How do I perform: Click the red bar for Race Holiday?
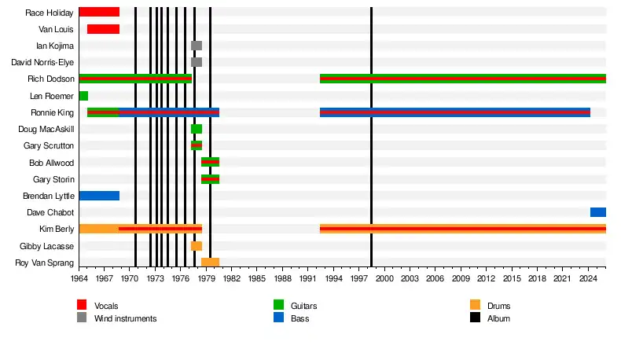tap(99, 12)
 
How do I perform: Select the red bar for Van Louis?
tap(103, 29)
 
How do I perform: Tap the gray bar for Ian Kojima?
tap(197, 46)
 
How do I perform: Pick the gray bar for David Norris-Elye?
tap(197, 62)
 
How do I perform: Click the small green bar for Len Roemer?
tap(83, 96)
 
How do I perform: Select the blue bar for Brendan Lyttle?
tap(99, 196)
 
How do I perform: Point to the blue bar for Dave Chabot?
tap(598, 212)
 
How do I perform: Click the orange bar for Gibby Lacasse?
tap(197, 246)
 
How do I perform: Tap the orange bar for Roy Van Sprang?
tap(210, 263)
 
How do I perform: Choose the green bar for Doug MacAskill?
tap(197, 129)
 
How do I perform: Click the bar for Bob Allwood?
tap(210, 162)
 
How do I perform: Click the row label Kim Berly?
tap(57, 229)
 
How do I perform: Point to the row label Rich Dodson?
tap(50, 79)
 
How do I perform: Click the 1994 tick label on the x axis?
tap(333, 278)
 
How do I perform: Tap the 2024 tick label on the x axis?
tap(587, 278)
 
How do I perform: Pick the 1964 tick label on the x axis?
tap(79, 278)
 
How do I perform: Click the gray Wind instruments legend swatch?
tap(82, 318)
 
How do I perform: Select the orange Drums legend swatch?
tap(475, 305)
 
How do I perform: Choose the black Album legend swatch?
tap(475, 318)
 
